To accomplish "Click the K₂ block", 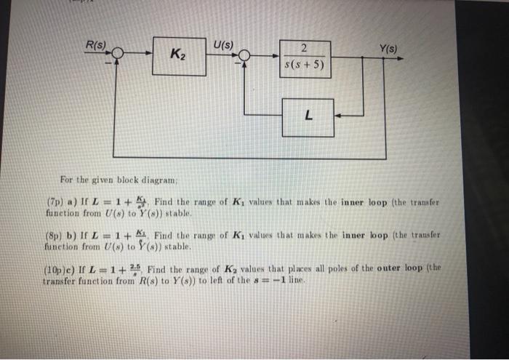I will pos(177,54).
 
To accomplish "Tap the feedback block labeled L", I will pos(308,114).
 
